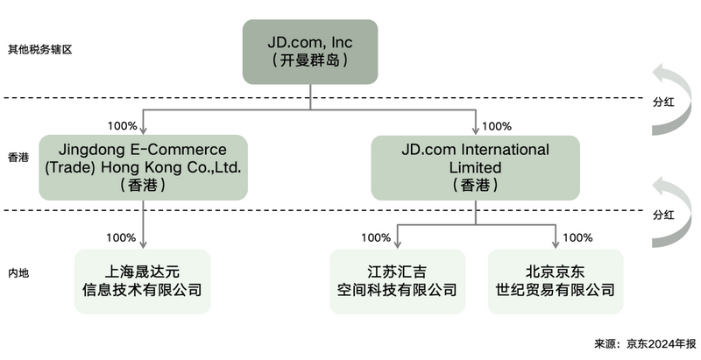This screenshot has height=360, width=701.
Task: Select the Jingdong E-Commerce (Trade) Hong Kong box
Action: (x=142, y=166)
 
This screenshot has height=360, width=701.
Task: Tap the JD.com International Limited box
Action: (x=475, y=166)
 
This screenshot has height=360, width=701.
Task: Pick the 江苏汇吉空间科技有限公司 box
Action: (x=397, y=281)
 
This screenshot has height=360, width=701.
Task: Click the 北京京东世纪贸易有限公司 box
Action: (x=556, y=281)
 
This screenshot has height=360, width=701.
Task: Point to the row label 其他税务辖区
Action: (x=39, y=50)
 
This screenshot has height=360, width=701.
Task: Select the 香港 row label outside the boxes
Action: (x=18, y=159)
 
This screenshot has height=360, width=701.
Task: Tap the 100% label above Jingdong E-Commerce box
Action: (x=120, y=125)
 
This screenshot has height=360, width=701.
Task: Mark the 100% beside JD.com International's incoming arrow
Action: (x=497, y=125)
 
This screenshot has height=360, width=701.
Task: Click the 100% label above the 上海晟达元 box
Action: (x=120, y=237)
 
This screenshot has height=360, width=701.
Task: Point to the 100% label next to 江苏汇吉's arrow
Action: (x=375, y=237)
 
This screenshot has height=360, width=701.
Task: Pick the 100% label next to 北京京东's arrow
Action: (x=578, y=237)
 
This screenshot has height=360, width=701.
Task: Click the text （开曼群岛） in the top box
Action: (x=310, y=60)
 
